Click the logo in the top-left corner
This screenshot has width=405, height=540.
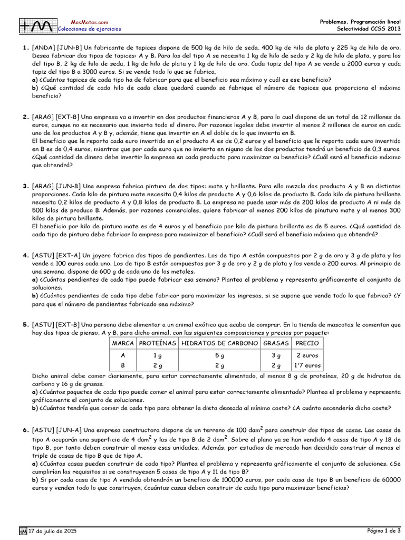[37, 25]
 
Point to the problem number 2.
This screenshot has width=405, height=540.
[25, 117]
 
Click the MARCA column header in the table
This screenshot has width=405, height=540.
[122, 343]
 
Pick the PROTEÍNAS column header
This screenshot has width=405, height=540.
[157, 343]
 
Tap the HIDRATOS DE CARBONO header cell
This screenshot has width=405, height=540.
[219, 343]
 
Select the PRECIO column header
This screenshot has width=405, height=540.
[308, 343]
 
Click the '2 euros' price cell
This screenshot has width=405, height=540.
[308, 355]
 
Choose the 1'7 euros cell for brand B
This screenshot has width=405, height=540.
[308, 365]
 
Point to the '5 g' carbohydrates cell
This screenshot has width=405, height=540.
[219, 355]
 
